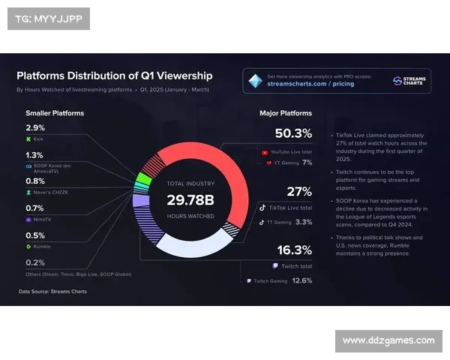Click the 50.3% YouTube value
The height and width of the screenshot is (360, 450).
tap(293, 133)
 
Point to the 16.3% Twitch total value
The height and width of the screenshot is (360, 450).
tap(294, 250)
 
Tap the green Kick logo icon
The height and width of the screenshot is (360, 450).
tap(28, 139)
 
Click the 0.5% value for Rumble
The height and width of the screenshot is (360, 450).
tap(34, 235)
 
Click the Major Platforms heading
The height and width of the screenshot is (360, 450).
tap(286, 113)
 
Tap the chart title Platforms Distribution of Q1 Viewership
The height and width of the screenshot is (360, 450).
tap(114, 76)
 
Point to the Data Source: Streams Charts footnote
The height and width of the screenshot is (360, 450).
tap(53, 291)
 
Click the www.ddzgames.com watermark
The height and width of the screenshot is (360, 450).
tap(388, 340)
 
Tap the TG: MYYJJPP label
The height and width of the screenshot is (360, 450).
tap(47, 18)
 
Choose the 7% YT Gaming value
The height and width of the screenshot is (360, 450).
tap(307, 161)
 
